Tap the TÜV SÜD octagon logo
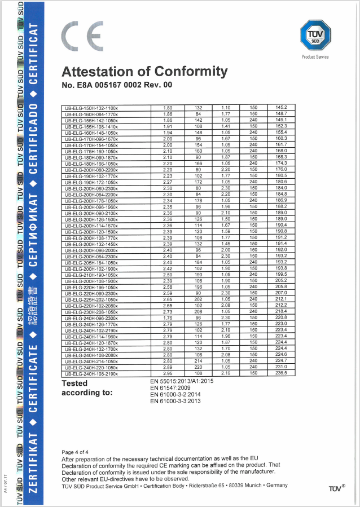[x=315, y=34]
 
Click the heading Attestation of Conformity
[x=144, y=72]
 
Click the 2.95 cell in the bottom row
[x=168, y=373]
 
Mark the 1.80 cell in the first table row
[x=168, y=107]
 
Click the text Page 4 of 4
[x=77, y=452]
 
